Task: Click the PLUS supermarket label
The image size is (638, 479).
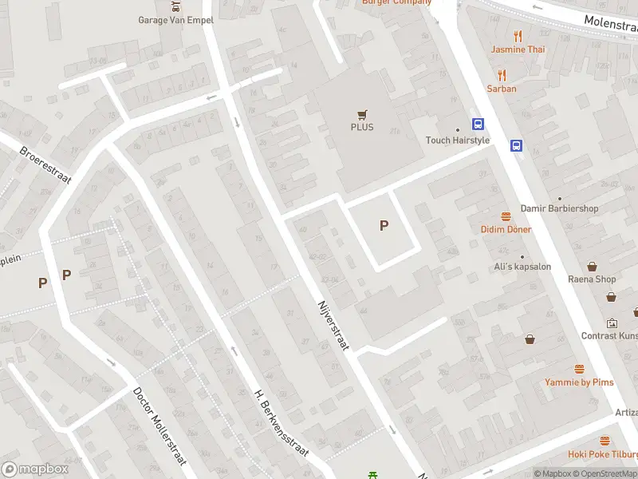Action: (x=361, y=127)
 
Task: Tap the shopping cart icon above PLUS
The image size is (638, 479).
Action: (x=362, y=114)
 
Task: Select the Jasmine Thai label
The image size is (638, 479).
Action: (x=518, y=49)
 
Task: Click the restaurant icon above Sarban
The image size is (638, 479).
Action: (x=502, y=76)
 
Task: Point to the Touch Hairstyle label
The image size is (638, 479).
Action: (x=458, y=141)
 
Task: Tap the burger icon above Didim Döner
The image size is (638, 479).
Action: (x=506, y=216)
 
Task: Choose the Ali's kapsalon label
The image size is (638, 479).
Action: (x=522, y=267)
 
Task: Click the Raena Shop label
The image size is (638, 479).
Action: (x=592, y=279)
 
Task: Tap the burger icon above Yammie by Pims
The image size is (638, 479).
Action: (x=580, y=370)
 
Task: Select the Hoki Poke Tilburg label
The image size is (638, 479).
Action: (x=602, y=454)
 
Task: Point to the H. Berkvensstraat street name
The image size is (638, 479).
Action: (x=281, y=423)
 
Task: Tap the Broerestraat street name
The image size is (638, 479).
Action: (x=45, y=164)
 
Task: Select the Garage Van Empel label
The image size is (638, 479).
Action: (x=175, y=20)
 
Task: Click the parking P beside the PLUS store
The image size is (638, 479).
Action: (x=384, y=226)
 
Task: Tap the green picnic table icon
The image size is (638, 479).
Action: (x=372, y=475)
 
